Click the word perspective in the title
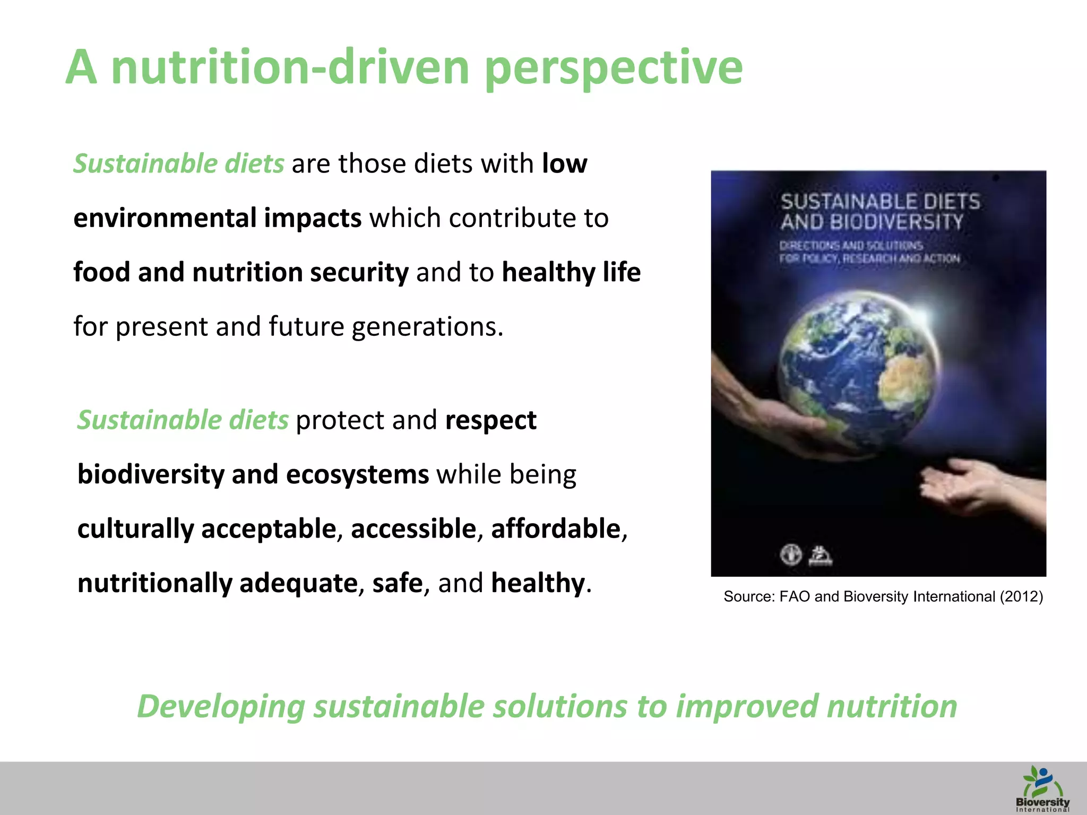click(x=614, y=68)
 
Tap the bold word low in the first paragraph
click(x=564, y=163)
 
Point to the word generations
click(x=427, y=327)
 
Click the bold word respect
click(x=491, y=420)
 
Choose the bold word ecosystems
click(x=357, y=474)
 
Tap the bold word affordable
click(x=556, y=529)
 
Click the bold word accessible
click(x=413, y=529)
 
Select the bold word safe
click(x=397, y=583)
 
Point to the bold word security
click(x=359, y=273)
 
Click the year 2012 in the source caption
click(x=1021, y=597)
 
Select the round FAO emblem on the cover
click(x=790, y=556)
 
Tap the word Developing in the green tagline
click(x=221, y=707)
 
